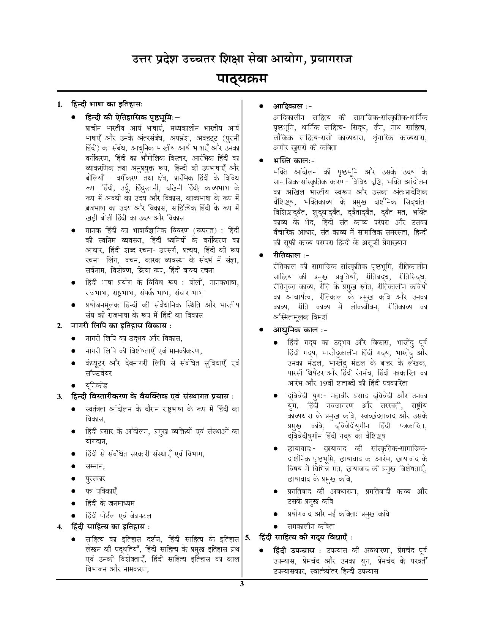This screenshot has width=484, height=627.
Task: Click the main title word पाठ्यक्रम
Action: pyautogui.click(x=242, y=79)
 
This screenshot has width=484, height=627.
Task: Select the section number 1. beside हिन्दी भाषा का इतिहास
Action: pyautogui.click(x=60, y=104)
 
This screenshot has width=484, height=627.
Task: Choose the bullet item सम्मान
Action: pyautogui.click(x=95, y=466)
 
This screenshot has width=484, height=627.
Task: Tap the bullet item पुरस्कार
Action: pyautogui.click(x=95, y=478)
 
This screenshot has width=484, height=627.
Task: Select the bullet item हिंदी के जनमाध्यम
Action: pyautogui.click(x=110, y=503)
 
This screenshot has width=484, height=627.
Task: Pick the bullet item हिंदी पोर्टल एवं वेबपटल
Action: pyautogui.click(x=118, y=516)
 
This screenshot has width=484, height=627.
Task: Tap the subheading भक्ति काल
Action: pyautogui.click(x=290, y=160)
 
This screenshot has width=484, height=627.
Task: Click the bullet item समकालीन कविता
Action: pyautogui.click(x=311, y=526)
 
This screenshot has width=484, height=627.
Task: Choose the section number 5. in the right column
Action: pyautogui.click(x=248, y=538)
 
